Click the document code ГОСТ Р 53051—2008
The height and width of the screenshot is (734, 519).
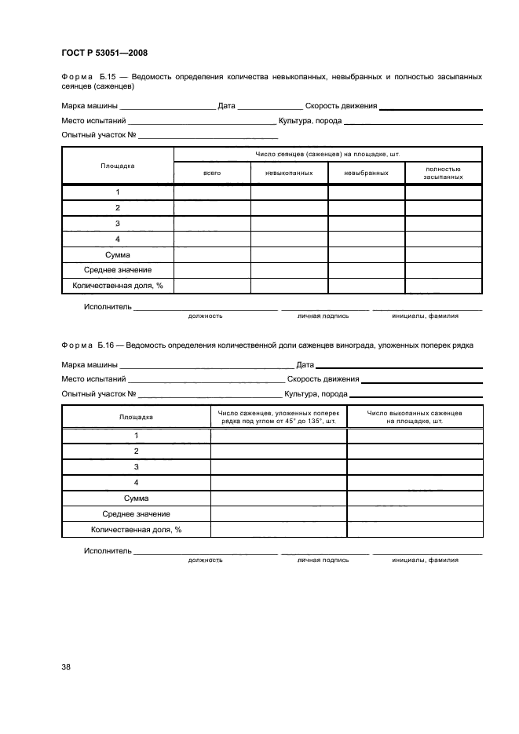point(104,53)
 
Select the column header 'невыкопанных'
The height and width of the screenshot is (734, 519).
point(289,173)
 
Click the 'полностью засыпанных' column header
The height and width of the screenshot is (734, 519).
point(443,173)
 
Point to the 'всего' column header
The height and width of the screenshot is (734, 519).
point(212,173)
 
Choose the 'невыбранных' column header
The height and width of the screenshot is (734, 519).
point(366,173)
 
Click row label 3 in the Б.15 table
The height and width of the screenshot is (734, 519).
point(117,224)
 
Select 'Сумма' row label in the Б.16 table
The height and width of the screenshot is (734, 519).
point(136,498)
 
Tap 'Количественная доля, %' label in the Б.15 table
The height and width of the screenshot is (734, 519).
point(117,285)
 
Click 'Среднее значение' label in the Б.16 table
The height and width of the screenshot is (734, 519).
point(136,513)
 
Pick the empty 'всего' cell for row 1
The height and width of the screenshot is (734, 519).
point(212,192)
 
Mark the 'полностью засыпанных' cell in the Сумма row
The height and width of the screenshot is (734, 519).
point(443,254)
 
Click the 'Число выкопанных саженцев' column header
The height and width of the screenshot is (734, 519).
point(414,416)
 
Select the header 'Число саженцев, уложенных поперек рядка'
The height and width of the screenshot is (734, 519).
point(278,416)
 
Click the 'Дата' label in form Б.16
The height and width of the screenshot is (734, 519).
point(305,365)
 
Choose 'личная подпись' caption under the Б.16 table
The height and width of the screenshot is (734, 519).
point(323,560)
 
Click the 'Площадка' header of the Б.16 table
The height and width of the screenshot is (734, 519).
point(136,416)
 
